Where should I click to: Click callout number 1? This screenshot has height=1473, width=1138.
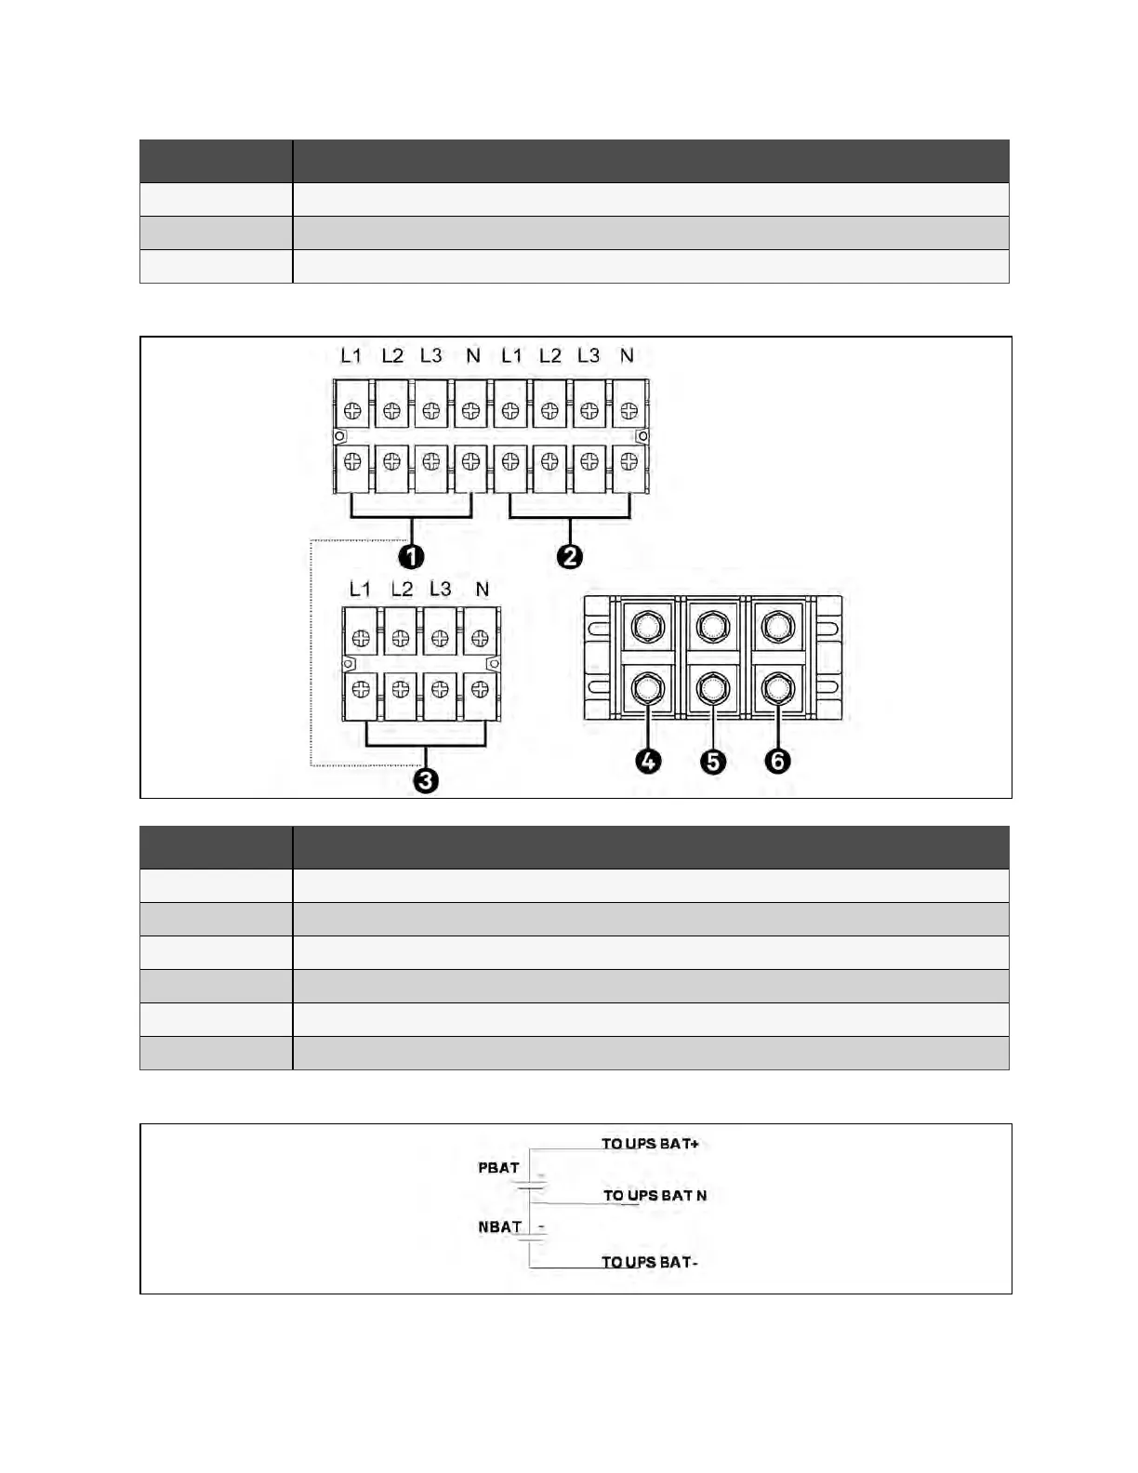point(411,556)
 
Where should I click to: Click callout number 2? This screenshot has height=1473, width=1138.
point(569,556)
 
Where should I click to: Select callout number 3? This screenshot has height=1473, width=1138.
point(426,779)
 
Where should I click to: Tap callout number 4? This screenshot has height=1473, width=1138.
point(648,761)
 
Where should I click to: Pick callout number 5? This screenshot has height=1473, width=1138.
point(712,761)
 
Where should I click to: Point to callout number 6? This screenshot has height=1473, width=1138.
point(777,761)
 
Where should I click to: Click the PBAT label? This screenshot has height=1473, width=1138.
point(498,1168)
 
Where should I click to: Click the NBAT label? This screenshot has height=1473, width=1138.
point(500,1227)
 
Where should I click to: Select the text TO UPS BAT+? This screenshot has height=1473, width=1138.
point(650,1144)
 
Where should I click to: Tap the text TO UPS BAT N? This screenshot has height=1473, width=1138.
point(655,1196)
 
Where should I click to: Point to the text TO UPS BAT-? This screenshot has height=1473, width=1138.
point(650,1262)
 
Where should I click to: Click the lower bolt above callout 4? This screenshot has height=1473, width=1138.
point(646,689)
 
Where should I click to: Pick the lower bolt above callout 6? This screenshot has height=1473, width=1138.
point(776,689)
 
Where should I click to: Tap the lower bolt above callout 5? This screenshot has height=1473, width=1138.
point(711,689)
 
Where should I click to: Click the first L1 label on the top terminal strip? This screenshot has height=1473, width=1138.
point(351,355)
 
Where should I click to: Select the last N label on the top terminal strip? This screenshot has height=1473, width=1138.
point(627,355)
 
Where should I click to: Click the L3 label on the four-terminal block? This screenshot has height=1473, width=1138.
point(440,590)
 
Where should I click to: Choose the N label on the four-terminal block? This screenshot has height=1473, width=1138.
point(482,590)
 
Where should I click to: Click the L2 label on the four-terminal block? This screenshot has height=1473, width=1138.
point(402,590)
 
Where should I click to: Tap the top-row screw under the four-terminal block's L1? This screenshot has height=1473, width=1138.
point(362,638)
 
